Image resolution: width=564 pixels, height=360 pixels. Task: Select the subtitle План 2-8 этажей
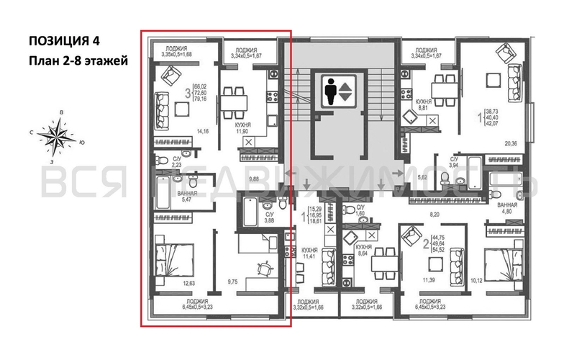(x=79, y=60)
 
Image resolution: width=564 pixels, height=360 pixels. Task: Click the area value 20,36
(x=511, y=143)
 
